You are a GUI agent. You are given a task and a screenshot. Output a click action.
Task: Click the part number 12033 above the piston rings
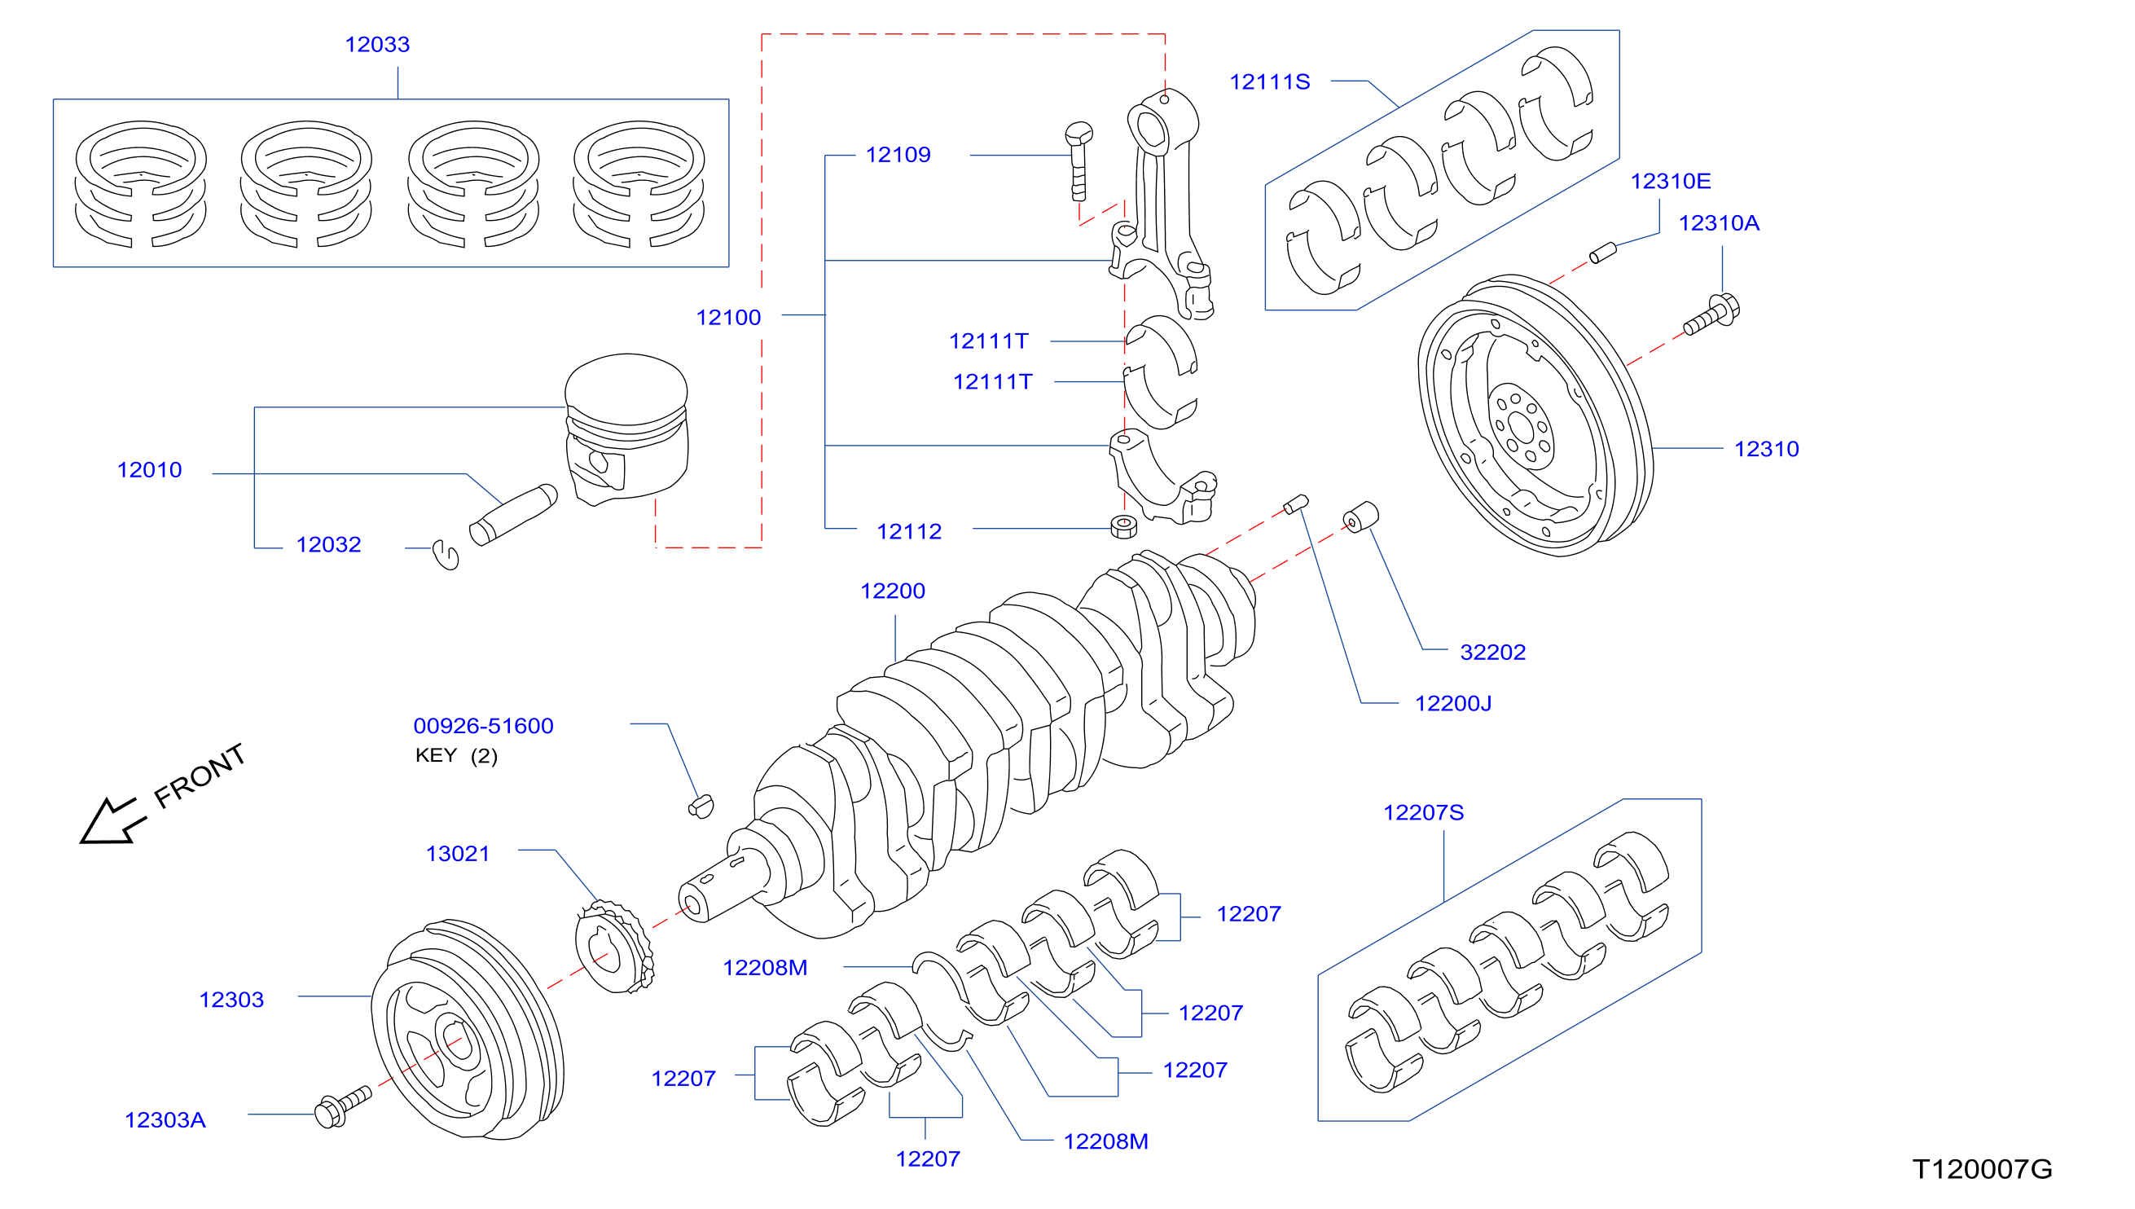[x=377, y=45]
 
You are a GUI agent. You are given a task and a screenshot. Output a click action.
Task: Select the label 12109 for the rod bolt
[x=898, y=156]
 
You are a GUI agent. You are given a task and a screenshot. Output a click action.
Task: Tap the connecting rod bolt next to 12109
[x=1078, y=162]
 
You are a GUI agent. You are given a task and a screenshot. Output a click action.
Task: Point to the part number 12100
[x=728, y=318]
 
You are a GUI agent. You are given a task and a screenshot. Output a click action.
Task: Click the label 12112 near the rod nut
[x=909, y=532]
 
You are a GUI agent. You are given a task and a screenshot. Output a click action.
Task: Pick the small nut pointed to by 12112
[x=1123, y=526]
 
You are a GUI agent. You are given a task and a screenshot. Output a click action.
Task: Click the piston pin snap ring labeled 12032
[x=446, y=555]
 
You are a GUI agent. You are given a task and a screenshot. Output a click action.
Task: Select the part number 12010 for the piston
[x=149, y=471]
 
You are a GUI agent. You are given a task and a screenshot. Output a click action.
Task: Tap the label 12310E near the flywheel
[x=1670, y=182]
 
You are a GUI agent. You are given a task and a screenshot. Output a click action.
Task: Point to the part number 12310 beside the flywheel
[x=1767, y=450]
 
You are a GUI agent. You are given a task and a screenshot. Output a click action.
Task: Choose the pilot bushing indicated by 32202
[x=1360, y=517]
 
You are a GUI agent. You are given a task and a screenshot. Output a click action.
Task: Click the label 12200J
[x=1452, y=704]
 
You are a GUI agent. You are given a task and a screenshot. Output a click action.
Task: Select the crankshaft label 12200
[x=892, y=592]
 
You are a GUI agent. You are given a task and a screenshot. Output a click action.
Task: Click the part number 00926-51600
[x=483, y=727]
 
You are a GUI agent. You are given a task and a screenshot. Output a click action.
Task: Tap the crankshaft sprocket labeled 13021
[x=614, y=947]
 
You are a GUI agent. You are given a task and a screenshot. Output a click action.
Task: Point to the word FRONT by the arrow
[x=200, y=776]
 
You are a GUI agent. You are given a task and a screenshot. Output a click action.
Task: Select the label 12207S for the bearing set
[x=1423, y=814]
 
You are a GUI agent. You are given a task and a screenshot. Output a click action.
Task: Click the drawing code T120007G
[x=1982, y=1170]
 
